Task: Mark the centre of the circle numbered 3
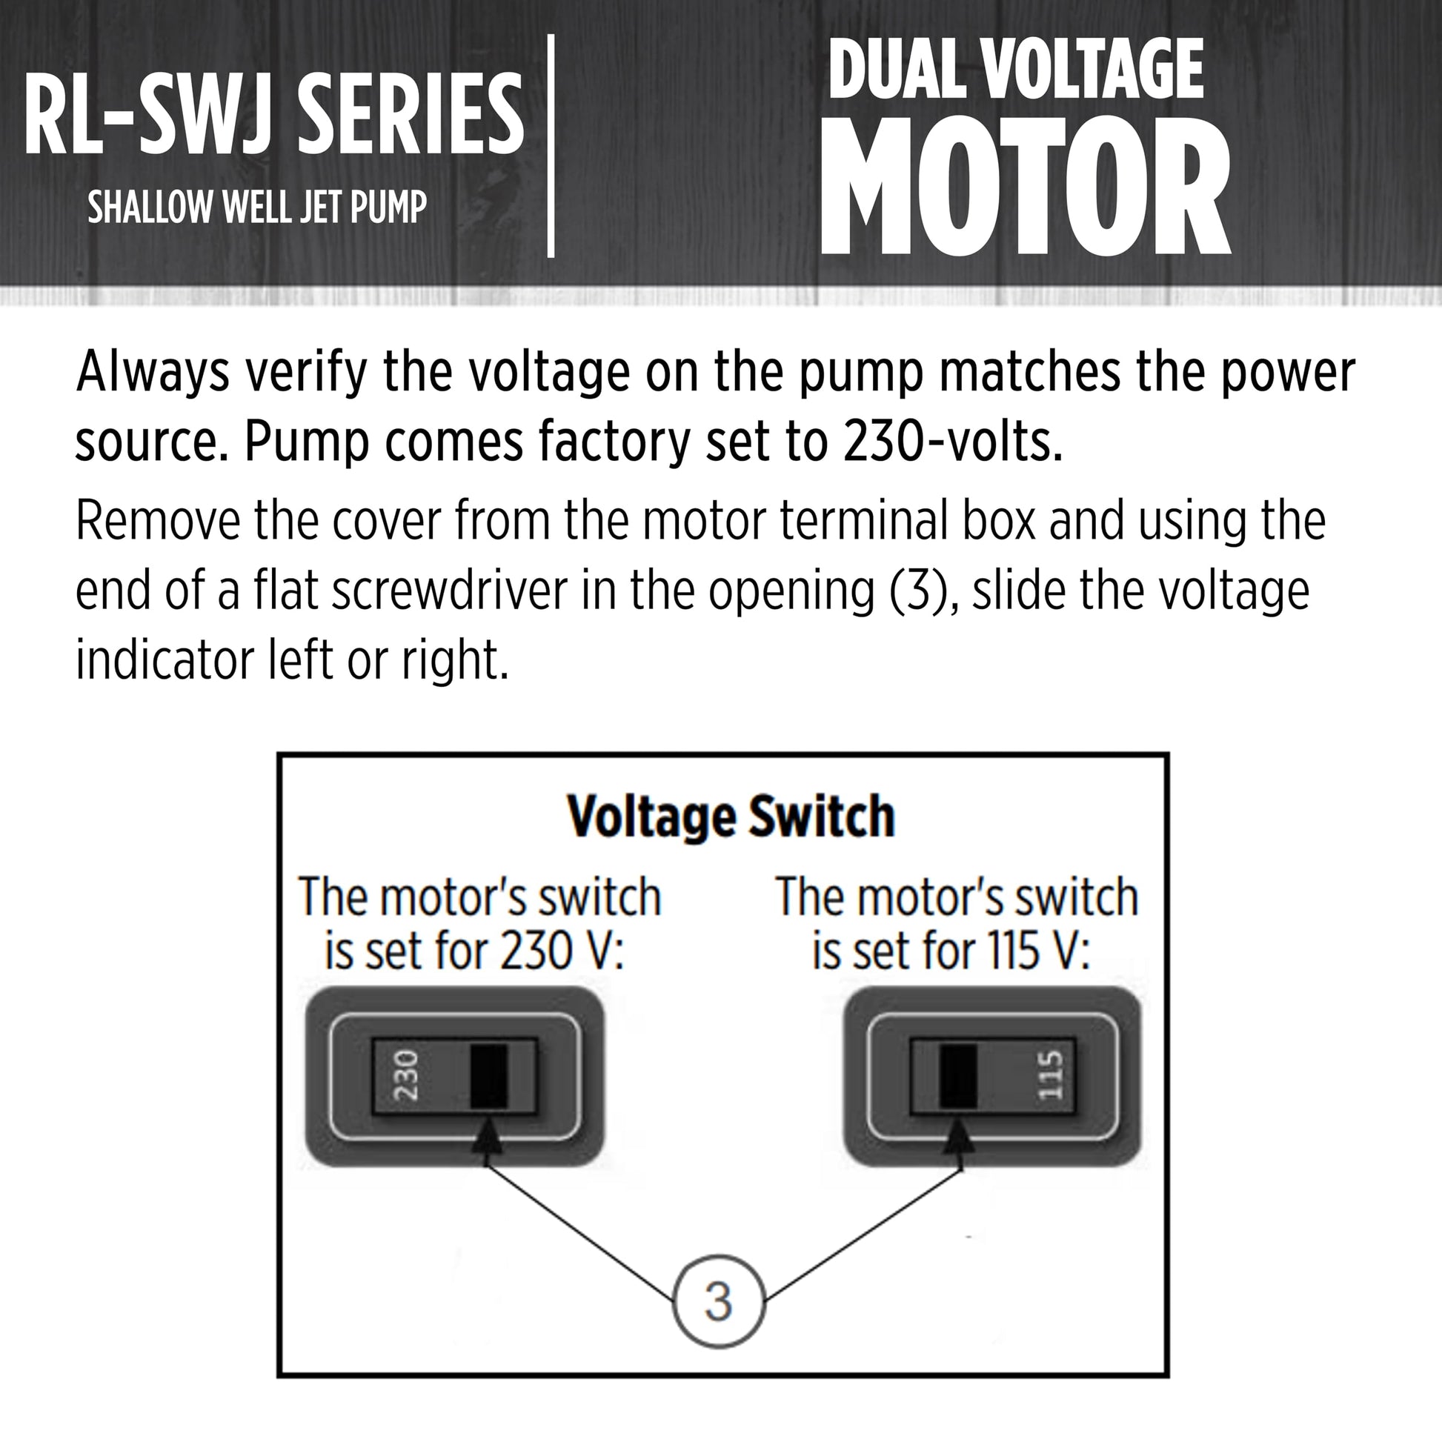coord(719,1302)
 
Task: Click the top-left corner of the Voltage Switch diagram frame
coord(279,754)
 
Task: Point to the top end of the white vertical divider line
coord(551,35)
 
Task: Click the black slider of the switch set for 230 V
coord(489,1076)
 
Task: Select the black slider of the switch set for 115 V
coord(958,1076)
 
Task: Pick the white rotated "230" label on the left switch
coord(406,1074)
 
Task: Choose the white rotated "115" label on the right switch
coord(1050,1074)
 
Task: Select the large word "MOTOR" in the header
coord(1026,187)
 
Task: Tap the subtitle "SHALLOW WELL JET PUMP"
coord(258,207)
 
